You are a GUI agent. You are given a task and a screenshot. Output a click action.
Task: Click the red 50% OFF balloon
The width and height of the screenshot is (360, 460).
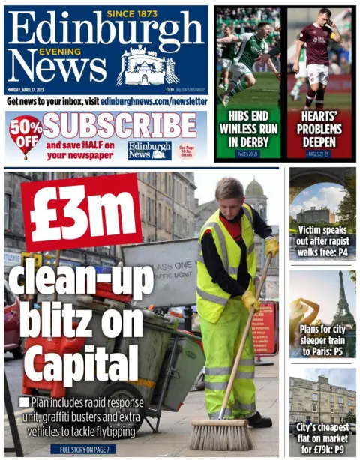click(x=25, y=134)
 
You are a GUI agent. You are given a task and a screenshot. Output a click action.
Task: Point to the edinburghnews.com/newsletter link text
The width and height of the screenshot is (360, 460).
click(x=154, y=100)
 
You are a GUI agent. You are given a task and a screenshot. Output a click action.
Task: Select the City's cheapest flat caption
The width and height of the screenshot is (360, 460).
click(x=322, y=437)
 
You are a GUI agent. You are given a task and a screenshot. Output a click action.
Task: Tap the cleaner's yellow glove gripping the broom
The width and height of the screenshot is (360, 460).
click(x=250, y=301)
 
